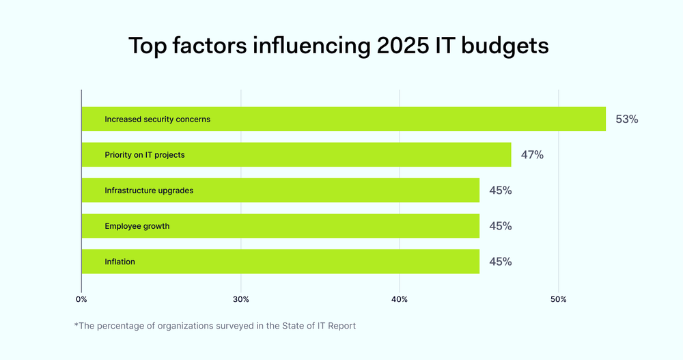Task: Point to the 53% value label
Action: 626,119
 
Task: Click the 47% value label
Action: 532,155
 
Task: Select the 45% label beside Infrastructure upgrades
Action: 500,191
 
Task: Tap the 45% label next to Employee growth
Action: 500,226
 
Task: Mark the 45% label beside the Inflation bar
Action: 500,262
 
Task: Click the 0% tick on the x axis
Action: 81,299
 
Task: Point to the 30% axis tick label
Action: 240,299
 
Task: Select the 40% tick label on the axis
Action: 400,299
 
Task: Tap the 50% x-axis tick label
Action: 559,299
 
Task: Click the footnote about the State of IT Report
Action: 214,326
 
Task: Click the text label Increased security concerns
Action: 157,120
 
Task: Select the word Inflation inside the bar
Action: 120,262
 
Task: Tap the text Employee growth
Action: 137,226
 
